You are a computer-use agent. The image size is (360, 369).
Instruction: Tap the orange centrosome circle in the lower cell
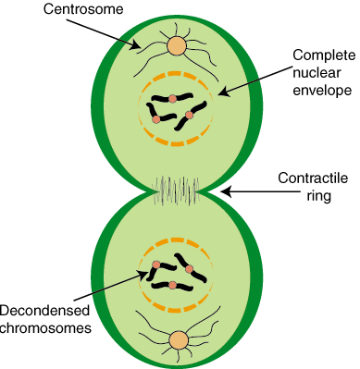point(180,341)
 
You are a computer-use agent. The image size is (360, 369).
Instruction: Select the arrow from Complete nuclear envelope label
point(254,79)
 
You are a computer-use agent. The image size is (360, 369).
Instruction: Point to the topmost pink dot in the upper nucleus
point(172,97)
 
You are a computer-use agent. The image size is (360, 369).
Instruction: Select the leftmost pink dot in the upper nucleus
point(156,119)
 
